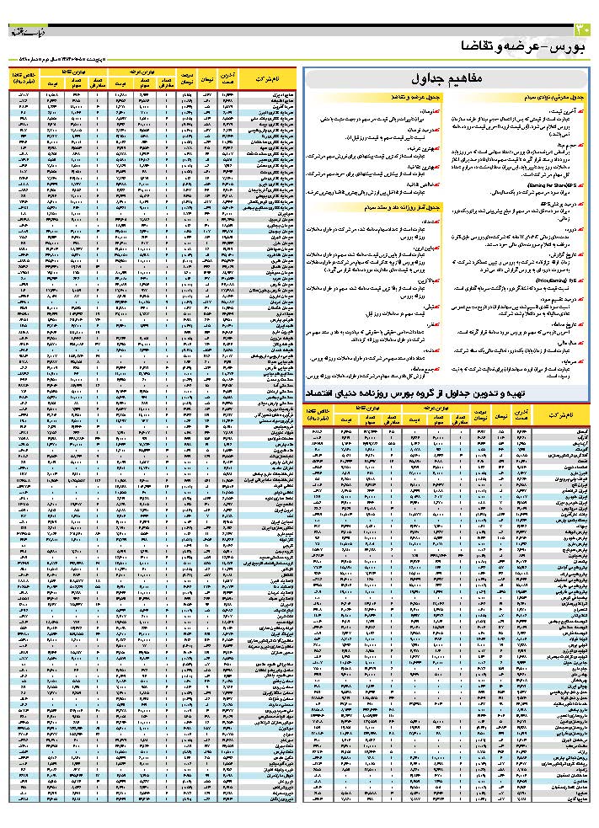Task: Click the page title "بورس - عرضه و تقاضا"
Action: (522, 45)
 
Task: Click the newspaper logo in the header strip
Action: (25, 31)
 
